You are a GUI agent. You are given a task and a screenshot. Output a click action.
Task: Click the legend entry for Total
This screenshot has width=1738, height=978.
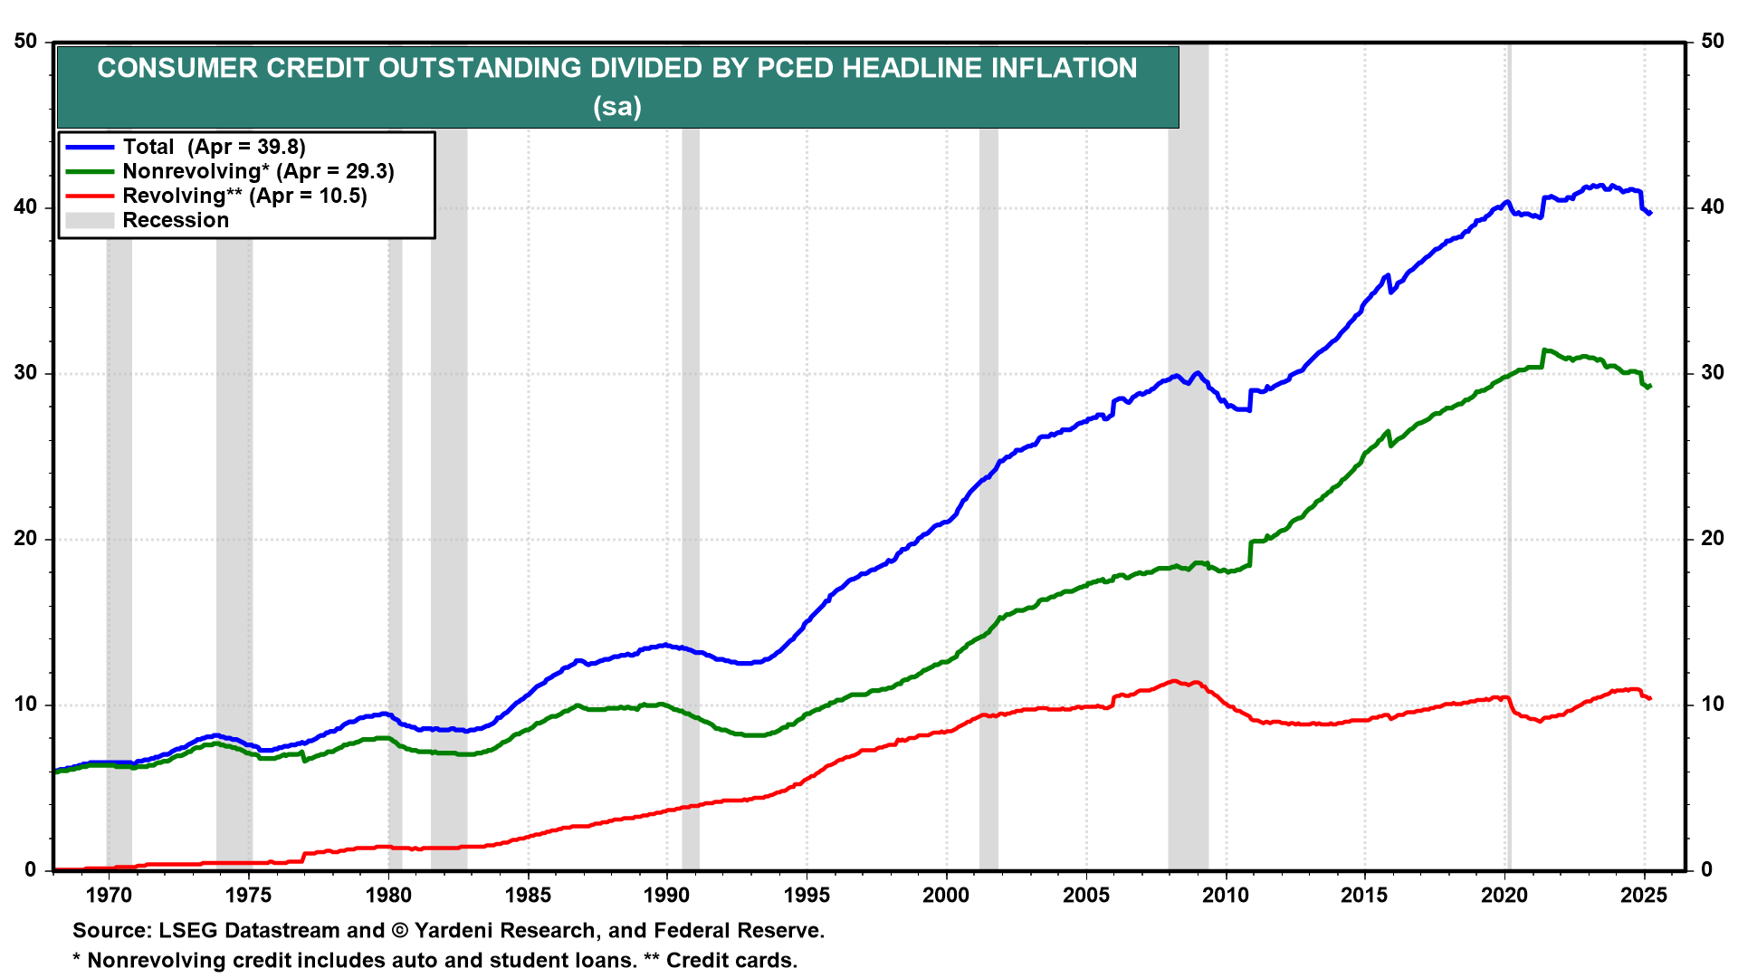coord(214,147)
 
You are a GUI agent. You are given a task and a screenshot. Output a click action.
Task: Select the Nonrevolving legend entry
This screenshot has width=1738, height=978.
coord(258,171)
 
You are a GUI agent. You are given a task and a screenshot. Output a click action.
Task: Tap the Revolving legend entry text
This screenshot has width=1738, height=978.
coord(244,196)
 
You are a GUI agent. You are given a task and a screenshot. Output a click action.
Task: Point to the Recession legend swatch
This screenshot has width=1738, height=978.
coord(90,220)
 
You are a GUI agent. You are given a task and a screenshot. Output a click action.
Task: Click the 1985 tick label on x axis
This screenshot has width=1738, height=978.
coord(528,895)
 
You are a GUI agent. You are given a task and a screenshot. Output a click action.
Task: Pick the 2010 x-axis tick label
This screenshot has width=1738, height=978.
coord(1226,895)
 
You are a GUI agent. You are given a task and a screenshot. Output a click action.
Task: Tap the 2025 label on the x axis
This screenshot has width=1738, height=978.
coord(1644,895)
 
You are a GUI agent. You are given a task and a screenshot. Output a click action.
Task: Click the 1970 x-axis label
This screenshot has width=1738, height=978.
coord(110,895)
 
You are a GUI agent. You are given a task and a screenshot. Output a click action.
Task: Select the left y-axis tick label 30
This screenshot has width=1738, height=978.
coord(25,373)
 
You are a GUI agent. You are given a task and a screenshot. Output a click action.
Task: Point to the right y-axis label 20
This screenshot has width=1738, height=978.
coord(1713,539)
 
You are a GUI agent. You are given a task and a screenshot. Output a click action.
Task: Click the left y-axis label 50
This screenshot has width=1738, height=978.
coord(25,42)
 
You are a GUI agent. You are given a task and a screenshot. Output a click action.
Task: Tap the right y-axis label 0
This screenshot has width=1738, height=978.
coord(1707,870)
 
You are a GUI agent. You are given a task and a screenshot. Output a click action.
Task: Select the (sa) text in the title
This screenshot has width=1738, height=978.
coord(617,107)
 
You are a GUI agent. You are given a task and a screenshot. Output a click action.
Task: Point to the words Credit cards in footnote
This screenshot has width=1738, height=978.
coord(731,960)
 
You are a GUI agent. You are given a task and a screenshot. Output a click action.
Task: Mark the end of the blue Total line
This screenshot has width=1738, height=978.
coord(1650,213)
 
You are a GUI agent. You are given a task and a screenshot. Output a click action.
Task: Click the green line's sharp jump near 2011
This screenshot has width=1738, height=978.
coord(1250,553)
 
